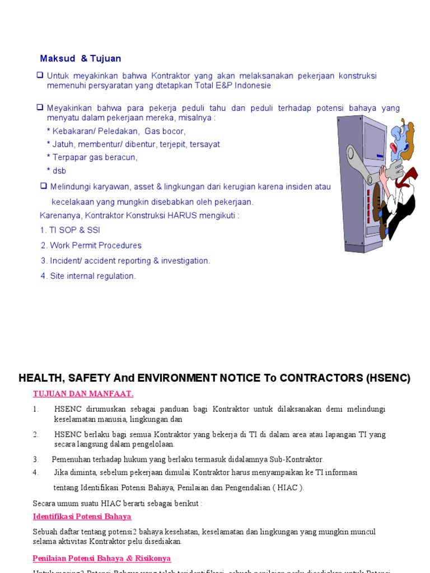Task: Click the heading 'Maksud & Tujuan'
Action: [81, 59]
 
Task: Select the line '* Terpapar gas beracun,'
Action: [92, 157]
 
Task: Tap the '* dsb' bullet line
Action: [57, 171]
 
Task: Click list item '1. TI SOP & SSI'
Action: [70, 230]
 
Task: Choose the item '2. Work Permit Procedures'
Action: [91, 245]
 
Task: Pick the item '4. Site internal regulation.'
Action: [88, 276]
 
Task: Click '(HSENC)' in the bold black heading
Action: [389, 378]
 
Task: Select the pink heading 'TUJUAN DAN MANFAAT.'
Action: [83, 394]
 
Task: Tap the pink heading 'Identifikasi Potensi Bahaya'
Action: [82, 516]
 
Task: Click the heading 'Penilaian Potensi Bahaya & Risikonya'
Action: [102, 558]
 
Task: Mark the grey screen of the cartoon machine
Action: [374, 140]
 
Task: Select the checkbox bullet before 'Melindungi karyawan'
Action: [43, 186]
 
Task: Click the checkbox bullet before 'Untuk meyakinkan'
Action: [40, 75]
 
